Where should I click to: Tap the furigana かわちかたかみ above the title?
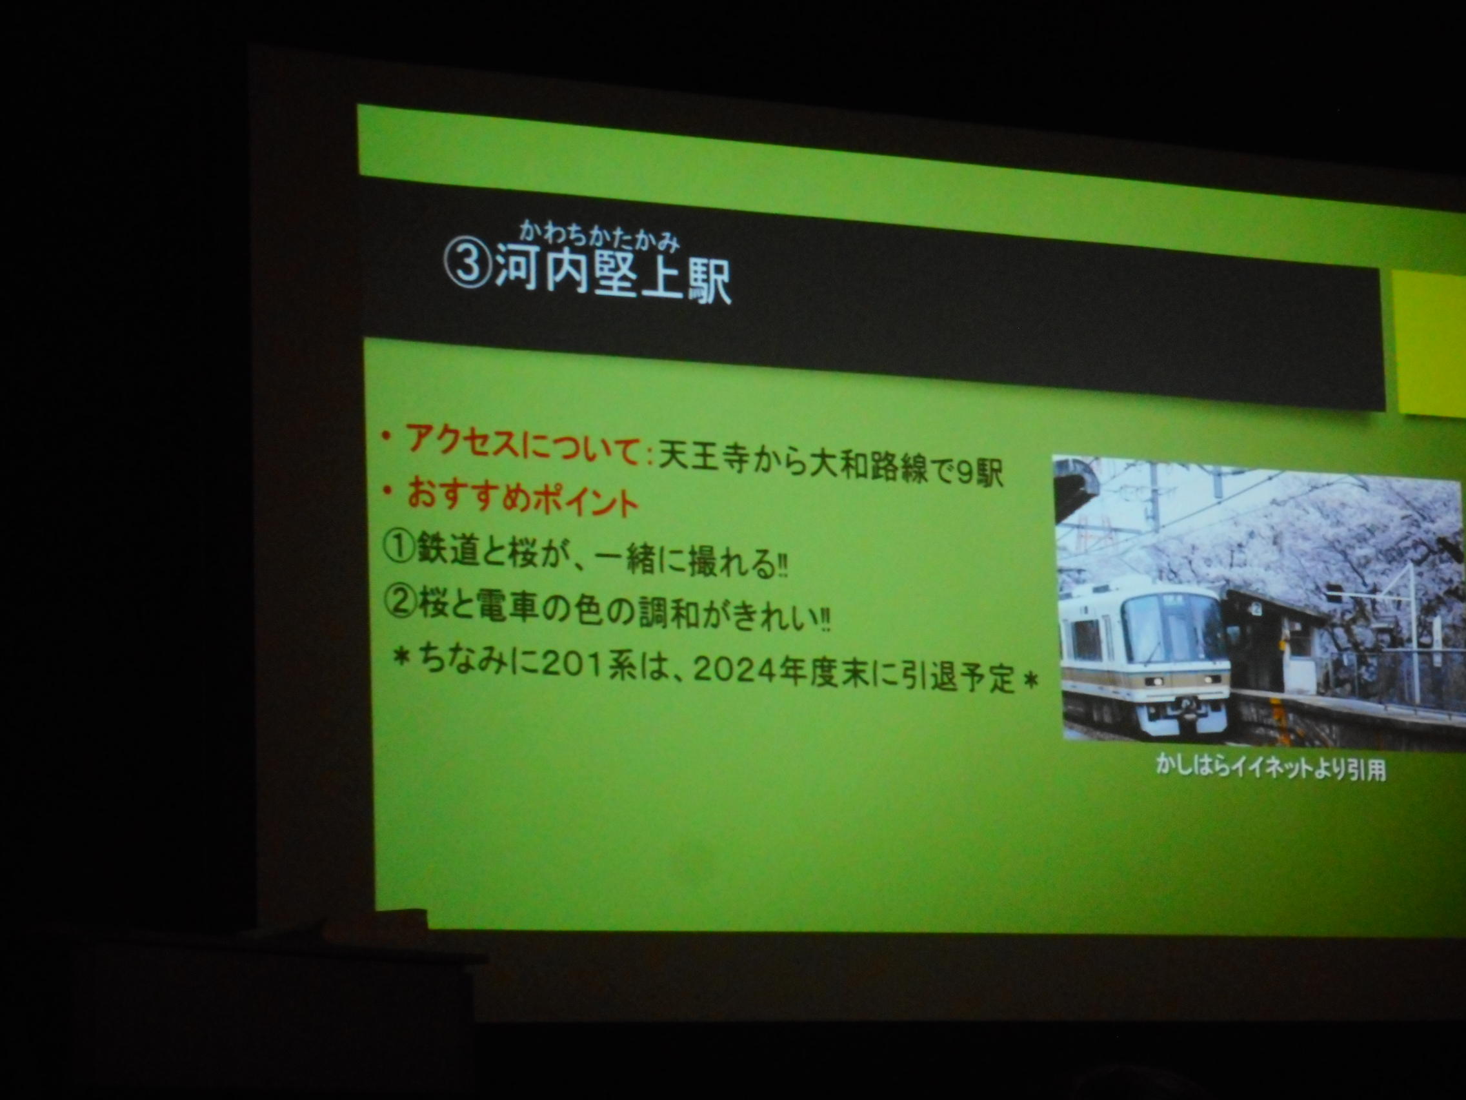[x=600, y=236]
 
